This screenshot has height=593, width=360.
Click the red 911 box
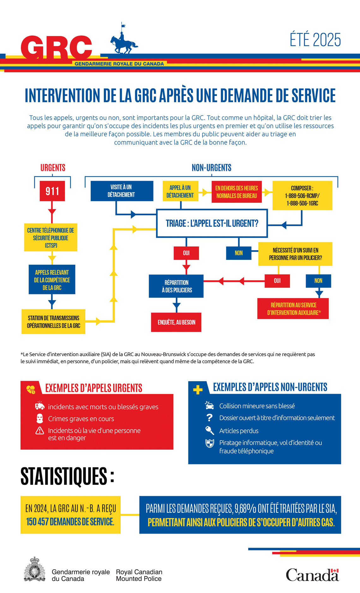click(x=52, y=191)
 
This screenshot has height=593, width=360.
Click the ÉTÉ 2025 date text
click(x=315, y=40)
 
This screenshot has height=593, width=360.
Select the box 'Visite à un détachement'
click(x=122, y=191)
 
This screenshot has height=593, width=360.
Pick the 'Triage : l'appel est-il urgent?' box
click(x=212, y=223)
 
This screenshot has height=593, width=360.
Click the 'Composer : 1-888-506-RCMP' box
click(x=302, y=195)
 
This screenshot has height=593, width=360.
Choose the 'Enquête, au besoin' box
click(x=176, y=322)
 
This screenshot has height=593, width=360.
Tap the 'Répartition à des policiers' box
click(x=176, y=286)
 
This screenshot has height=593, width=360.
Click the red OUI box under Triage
click(x=186, y=253)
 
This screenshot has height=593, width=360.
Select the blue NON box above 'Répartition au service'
click(x=318, y=281)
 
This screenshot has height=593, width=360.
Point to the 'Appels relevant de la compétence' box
click(x=52, y=279)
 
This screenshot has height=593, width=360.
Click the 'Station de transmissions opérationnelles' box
click(x=53, y=321)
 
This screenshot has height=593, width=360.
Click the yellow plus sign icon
click(x=198, y=390)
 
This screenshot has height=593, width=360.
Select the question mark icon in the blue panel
click(x=209, y=418)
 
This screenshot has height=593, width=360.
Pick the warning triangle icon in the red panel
click(x=40, y=430)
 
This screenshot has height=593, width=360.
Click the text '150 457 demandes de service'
click(x=70, y=521)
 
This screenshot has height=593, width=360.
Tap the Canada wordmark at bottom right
click(x=312, y=575)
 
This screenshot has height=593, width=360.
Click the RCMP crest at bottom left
click(x=35, y=569)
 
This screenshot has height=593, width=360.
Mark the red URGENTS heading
click(x=53, y=168)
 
